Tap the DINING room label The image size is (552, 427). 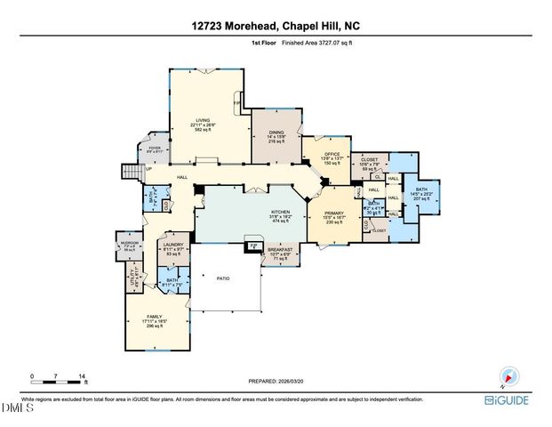click(276, 132)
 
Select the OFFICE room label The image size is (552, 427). click(332, 154)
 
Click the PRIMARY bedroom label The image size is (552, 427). click(335, 213)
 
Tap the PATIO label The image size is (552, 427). click(224, 278)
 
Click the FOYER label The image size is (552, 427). click(154, 148)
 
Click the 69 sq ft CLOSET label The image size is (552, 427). click(370, 161)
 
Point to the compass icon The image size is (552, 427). click(509, 376)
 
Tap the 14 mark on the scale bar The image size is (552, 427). click(82, 377)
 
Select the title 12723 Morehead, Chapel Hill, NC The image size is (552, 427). click(276, 28)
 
